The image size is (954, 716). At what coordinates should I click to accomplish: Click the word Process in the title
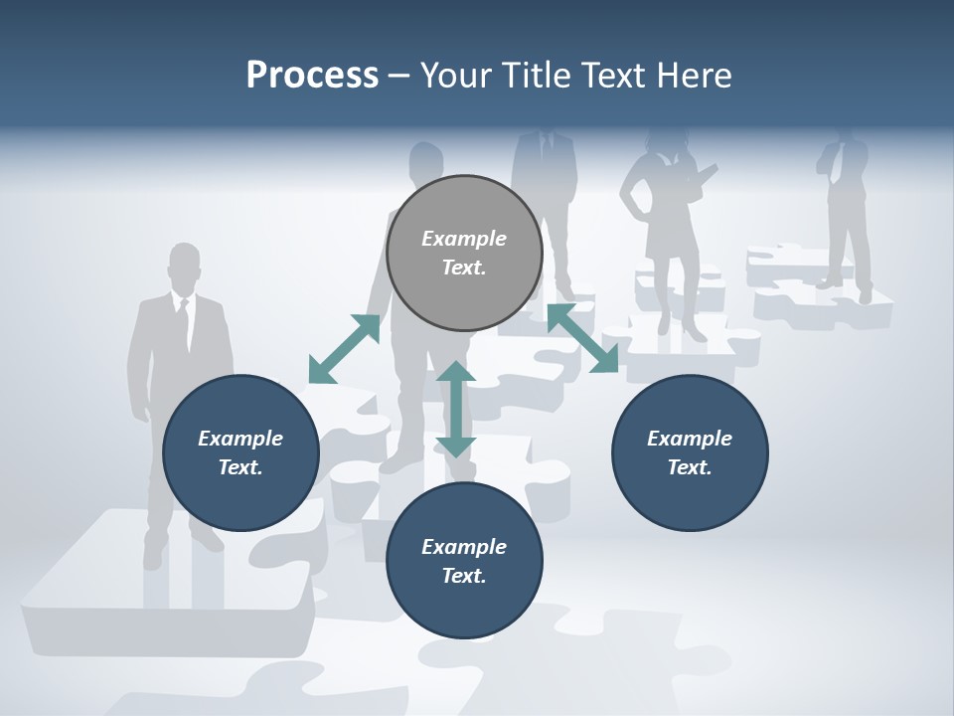[312, 75]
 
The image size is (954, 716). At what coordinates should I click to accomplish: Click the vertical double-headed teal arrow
[456, 409]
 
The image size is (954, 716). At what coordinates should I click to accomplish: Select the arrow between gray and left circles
[344, 349]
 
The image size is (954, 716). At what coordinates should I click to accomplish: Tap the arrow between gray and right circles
[583, 339]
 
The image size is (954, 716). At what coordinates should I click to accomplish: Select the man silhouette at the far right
[845, 209]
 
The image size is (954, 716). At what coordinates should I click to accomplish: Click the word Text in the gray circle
[463, 268]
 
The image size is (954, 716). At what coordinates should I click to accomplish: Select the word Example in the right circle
[690, 439]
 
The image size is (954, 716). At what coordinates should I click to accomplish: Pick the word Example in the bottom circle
[463, 547]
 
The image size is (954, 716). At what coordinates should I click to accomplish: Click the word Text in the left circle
[239, 467]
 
